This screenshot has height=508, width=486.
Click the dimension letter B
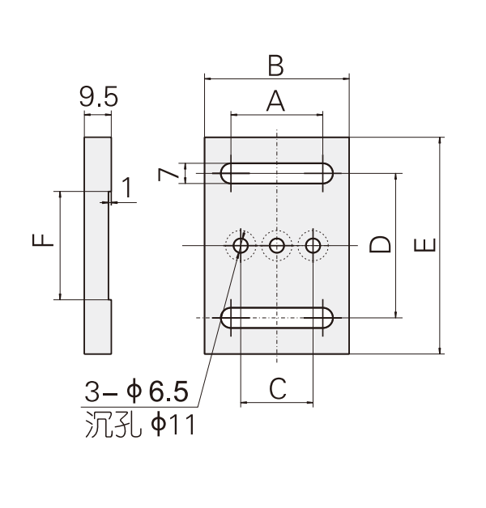(x=275, y=66)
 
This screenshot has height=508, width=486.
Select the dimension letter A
(x=275, y=101)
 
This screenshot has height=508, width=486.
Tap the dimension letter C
(x=278, y=388)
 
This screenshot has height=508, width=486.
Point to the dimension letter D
(x=380, y=244)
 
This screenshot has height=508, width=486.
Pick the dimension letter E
(x=425, y=245)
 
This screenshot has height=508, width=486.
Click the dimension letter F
(x=42, y=240)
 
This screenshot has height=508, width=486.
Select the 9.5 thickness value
(x=99, y=97)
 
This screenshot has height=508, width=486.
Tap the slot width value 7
(x=168, y=174)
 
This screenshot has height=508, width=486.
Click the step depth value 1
(x=127, y=187)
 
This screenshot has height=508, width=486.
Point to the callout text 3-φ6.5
(x=137, y=392)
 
